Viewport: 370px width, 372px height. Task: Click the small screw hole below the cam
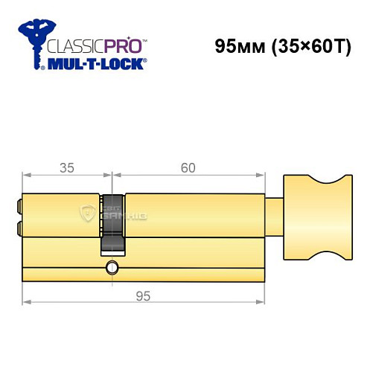coord(112,267)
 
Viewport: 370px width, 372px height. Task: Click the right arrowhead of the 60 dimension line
coord(263,176)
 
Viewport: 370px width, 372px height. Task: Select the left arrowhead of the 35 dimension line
coord(25,176)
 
